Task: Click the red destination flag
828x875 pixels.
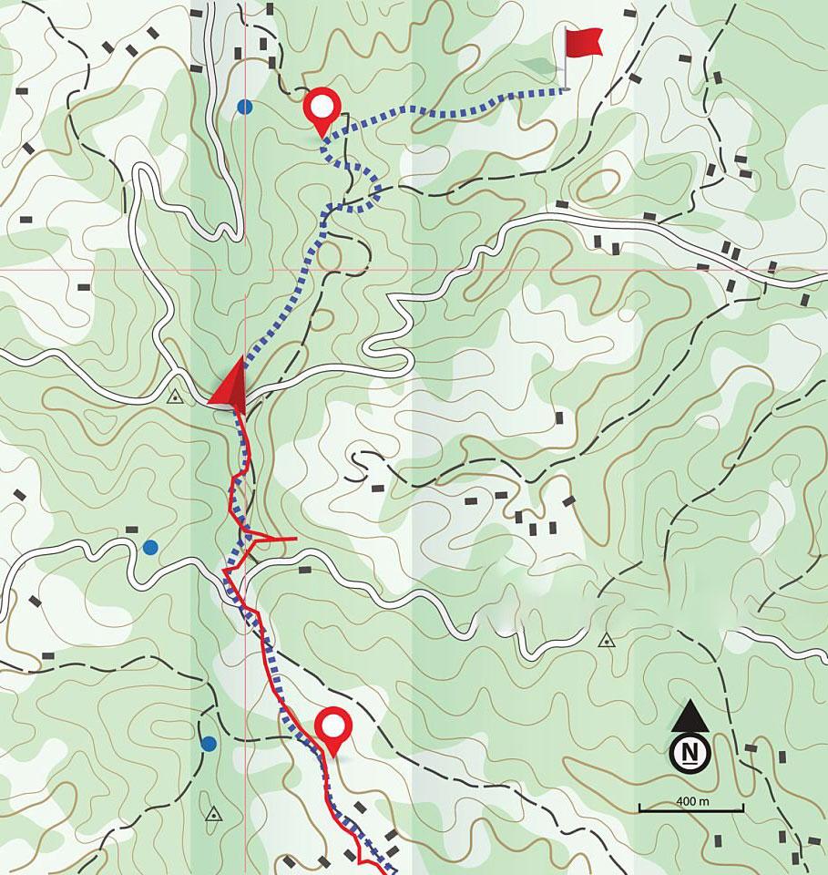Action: click(583, 41)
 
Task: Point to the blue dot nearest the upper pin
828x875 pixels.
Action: click(244, 107)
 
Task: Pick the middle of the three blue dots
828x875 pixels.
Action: click(150, 547)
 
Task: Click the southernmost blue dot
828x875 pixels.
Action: click(209, 744)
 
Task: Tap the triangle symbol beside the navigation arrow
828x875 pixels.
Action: click(175, 397)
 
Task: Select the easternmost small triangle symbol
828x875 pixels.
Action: click(605, 641)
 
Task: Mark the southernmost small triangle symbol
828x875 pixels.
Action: click(214, 814)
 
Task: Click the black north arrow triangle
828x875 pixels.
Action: click(690, 716)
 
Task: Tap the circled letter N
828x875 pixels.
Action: click(690, 753)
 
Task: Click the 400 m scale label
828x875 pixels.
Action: click(693, 800)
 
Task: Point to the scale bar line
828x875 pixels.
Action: click(690, 809)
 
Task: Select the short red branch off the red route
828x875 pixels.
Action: click(274, 540)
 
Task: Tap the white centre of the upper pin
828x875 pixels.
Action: click(322, 106)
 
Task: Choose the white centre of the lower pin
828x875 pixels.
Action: click(333, 726)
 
